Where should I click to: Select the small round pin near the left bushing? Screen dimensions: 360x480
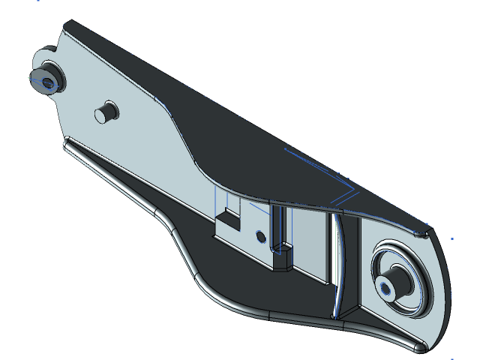point(106,112)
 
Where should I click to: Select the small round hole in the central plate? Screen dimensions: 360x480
point(260,236)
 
